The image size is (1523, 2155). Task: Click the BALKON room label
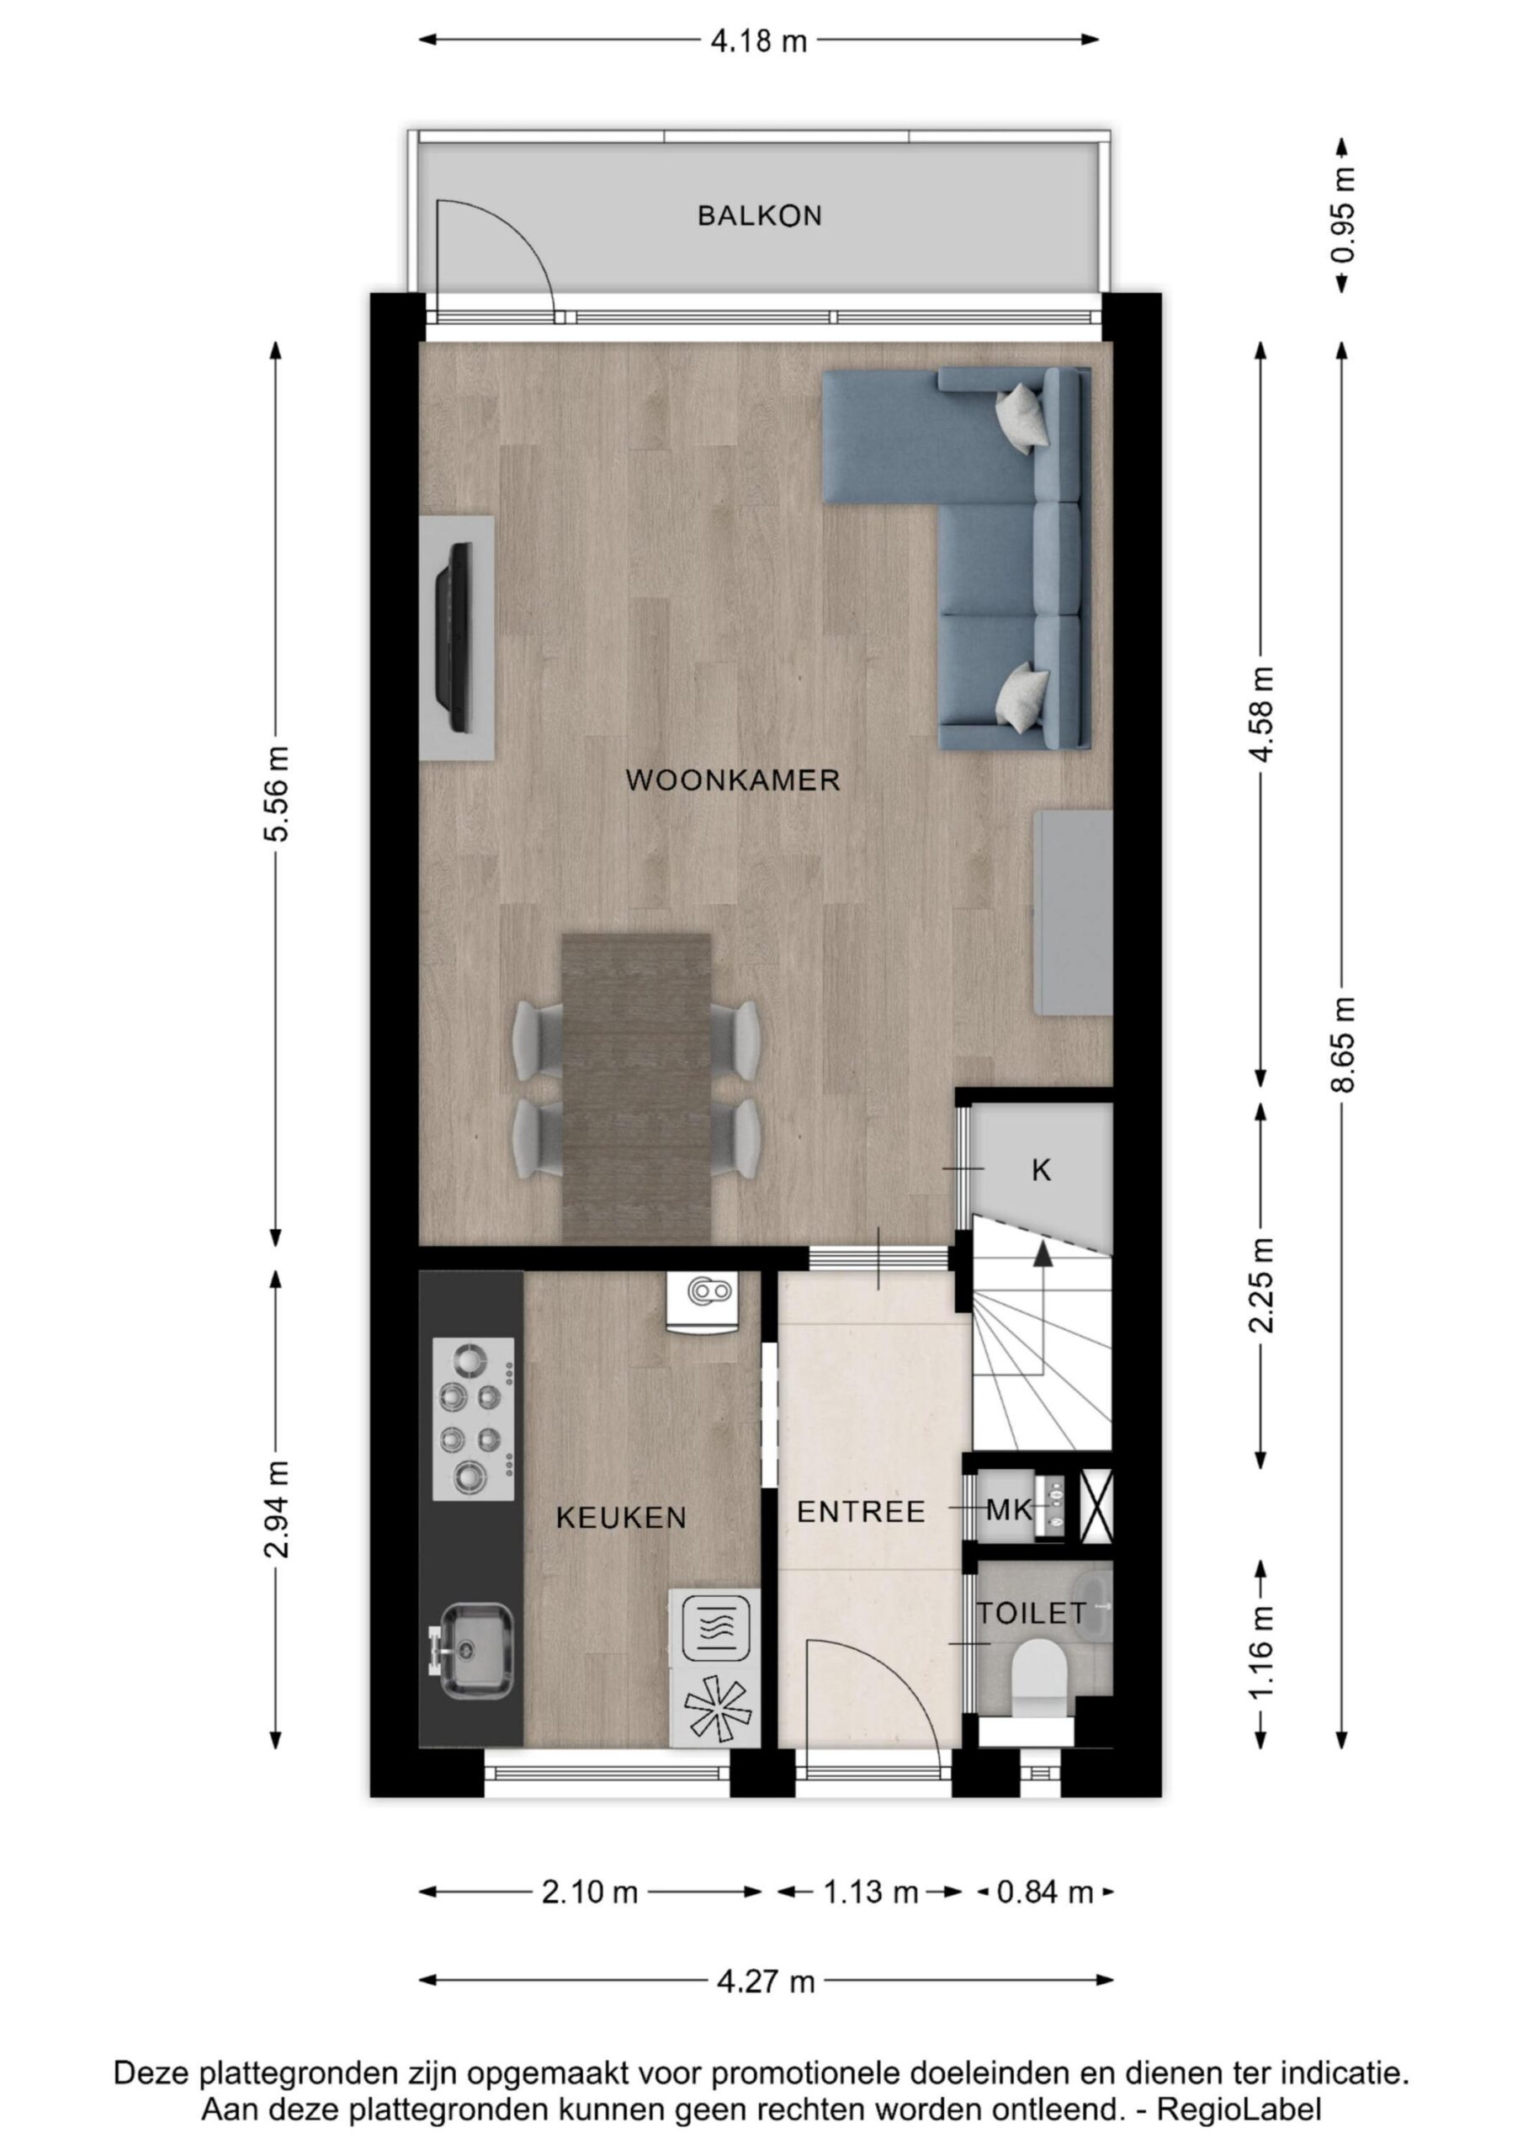759,215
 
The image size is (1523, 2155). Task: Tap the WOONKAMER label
733,780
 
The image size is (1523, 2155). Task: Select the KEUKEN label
621,1518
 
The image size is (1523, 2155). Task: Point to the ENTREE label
861,1511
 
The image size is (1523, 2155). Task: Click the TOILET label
1032,1614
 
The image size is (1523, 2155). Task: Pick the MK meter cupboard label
1009,1510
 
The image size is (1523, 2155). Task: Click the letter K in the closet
1041,1170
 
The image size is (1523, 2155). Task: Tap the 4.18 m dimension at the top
759,41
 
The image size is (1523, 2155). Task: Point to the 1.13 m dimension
871,1892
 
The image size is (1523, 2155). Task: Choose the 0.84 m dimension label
1045,1892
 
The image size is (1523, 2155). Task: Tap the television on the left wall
458,638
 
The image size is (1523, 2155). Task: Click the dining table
635,1088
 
